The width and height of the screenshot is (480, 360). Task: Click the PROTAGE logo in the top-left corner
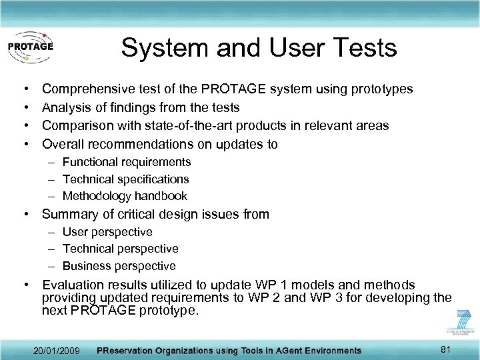click(30, 47)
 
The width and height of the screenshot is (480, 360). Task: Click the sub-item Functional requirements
click(127, 162)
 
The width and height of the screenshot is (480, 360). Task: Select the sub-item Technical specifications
click(125, 179)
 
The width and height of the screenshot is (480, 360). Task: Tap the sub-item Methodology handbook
click(125, 196)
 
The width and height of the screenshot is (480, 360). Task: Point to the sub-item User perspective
click(107, 232)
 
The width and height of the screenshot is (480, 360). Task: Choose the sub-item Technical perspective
click(120, 249)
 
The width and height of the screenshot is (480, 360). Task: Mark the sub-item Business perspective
click(119, 266)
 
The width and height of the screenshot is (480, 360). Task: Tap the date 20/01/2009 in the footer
click(57, 350)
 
